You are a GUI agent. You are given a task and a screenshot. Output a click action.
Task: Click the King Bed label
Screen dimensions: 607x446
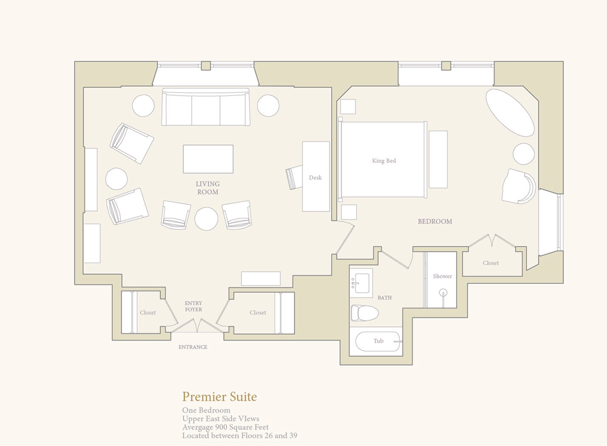click(x=384, y=161)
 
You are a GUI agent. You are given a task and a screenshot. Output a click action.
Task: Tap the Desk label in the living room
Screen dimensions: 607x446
click(x=315, y=178)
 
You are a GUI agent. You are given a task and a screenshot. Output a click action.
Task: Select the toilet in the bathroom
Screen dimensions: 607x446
click(x=365, y=313)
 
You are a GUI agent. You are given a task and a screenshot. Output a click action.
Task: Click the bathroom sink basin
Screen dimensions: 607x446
click(x=362, y=283)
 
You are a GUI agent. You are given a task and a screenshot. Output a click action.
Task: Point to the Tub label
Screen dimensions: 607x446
click(x=379, y=341)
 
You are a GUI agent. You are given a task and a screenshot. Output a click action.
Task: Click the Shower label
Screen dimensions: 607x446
click(x=442, y=276)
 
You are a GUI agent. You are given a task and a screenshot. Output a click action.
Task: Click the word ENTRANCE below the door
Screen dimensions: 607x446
click(x=193, y=347)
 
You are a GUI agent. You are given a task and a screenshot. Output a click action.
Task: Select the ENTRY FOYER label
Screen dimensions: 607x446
click(x=194, y=306)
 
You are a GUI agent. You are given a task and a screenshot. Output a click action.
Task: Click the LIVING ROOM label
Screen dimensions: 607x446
click(x=208, y=188)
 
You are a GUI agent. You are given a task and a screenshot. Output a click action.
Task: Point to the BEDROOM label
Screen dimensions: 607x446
click(x=435, y=221)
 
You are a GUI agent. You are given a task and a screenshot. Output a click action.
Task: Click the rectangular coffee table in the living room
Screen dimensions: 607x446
click(x=208, y=159)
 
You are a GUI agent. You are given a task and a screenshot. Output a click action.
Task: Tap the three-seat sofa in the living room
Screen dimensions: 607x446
click(x=206, y=107)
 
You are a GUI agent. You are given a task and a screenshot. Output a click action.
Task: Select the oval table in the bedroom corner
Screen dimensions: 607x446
click(x=510, y=113)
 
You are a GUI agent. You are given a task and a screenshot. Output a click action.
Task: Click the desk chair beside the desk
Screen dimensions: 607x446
click(x=294, y=177)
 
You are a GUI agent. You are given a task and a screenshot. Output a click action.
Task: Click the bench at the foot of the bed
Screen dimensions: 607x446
click(x=438, y=159)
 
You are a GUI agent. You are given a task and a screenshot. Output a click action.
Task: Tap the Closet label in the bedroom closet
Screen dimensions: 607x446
click(x=491, y=263)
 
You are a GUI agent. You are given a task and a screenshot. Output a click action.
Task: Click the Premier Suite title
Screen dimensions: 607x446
click(x=219, y=397)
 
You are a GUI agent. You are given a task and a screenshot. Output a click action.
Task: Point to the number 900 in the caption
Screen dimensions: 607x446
click(x=221, y=427)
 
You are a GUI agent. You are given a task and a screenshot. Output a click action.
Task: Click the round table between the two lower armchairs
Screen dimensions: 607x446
click(x=206, y=219)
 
